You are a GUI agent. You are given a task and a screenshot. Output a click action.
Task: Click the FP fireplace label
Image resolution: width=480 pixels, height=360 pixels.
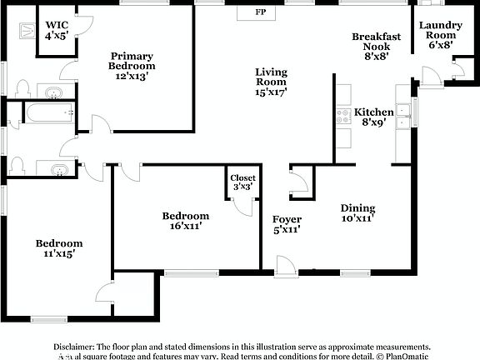coord(261,13)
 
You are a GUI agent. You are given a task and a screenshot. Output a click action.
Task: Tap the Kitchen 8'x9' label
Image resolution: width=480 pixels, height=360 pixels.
coord(373,117)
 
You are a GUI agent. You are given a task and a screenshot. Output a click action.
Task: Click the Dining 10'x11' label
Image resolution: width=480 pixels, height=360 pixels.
coord(357,213)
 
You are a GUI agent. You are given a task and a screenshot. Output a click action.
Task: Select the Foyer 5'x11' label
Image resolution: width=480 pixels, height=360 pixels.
coord(287,224)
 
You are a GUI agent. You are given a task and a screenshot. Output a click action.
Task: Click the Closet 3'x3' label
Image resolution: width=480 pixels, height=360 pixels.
coord(242,182)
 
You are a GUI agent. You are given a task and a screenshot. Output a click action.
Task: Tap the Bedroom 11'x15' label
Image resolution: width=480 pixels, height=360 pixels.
coord(58,248)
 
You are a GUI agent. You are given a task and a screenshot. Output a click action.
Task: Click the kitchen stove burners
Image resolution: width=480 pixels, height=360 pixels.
coord(342,116)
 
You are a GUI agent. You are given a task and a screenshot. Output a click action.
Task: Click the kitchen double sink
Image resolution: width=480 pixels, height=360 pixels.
coord(403,115)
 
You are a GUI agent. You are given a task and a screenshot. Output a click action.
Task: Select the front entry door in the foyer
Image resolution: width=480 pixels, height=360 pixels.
coord(286,265)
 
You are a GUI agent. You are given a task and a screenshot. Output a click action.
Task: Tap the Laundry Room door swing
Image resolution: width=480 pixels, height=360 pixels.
coord(431,77)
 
